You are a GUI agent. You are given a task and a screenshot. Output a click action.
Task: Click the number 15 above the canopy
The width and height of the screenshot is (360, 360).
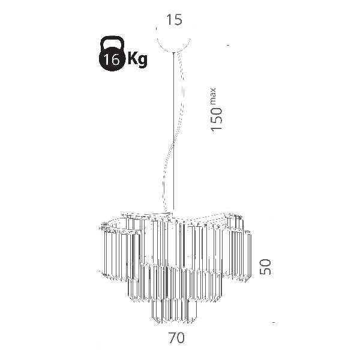click(174, 20)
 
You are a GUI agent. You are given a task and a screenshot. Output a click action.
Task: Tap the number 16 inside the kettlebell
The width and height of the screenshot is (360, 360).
click(112, 60)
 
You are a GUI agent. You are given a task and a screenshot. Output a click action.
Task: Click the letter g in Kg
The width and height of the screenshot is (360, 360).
click(143, 61)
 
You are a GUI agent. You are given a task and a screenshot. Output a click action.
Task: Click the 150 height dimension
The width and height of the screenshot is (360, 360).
click(217, 119)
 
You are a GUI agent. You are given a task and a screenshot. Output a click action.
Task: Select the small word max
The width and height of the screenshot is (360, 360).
click(213, 95)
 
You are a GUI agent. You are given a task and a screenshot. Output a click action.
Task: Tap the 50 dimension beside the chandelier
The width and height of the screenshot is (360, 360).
click(265, 267)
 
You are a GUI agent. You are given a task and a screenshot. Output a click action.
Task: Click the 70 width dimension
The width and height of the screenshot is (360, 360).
click(176, 338)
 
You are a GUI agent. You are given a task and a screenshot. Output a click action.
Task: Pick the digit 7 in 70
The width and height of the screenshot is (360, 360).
click(172, 338)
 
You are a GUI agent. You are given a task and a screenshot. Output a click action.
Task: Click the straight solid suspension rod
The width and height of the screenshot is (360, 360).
click(173, 131)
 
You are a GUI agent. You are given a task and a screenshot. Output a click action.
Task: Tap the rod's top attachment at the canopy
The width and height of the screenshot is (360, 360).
click(173, 53)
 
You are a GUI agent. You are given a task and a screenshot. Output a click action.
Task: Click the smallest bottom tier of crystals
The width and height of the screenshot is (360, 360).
click(175, 310)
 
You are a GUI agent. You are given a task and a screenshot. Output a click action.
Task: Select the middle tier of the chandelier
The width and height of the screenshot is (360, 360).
click(175, 283)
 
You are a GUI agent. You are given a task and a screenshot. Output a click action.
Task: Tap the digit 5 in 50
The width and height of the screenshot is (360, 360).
click(265, 271)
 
